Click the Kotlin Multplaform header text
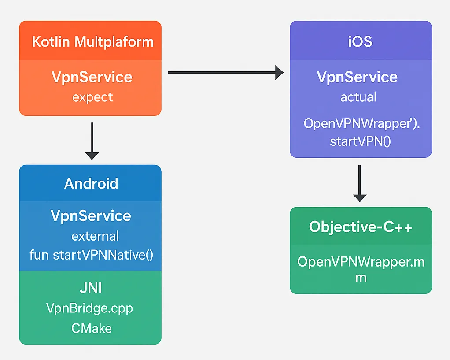pyautogui.click(x=93, y=42)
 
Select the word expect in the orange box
pyautogui.click(x=92, y=97)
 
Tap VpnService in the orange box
pyautogui.click(x=92, y=77)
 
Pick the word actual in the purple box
pyautogui.click(x=358, y=97)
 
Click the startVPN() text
pyautogui.click(x=360, y=142)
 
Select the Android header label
pyautogui.click(x=91, y=183)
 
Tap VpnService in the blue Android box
pyautogui.click(x=91, y=216)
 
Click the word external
pyautogui.click(x=95, y=236)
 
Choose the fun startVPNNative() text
pyautogui.click(x=91, y=255)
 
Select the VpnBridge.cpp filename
pyautogui.click(x=89, y=308)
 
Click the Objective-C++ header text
pyautogui.click(x=361, y=227)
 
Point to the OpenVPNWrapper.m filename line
pyautogui.click(x=361, y=262)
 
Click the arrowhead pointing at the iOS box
pyautogui.click(x=279, y=73)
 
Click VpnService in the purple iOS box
pyautogui.click(x=357, y=77)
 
